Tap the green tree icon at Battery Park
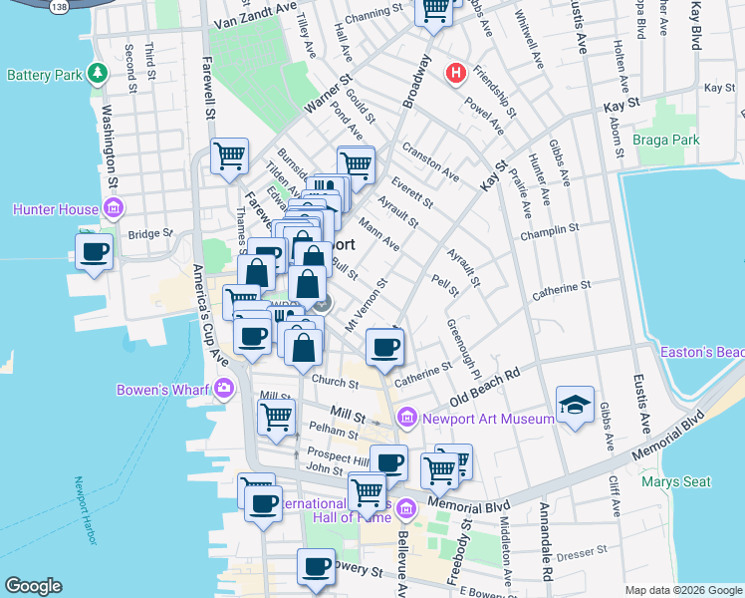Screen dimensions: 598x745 pos(98,73)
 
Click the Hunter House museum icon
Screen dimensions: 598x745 pos(114,209)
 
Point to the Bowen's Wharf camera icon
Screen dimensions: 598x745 pos(224,389)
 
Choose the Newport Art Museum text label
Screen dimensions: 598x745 pos(487,419)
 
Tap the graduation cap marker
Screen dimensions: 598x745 pos(575,405)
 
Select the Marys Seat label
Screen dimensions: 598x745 pos(676,481)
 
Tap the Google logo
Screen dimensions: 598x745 pos(33,586)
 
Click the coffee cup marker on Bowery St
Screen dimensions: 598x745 pos(317,566)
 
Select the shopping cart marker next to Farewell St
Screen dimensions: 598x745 pos(229,155)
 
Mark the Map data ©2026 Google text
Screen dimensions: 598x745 pos(681,589)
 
